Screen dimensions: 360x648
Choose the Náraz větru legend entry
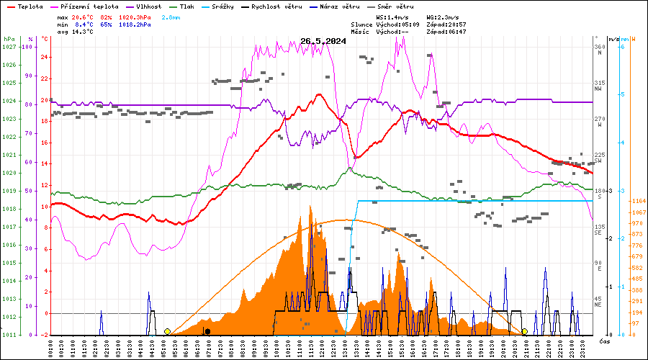[x=339, y=6]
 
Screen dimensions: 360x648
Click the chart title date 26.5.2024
[x=323, y=41]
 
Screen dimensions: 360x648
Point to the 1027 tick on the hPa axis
[x=9, y=47]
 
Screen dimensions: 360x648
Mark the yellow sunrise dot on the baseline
[x=167, y=331]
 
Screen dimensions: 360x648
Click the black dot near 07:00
[x=207, y=331]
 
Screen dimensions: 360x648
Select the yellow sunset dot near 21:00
[x=524, y=331]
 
